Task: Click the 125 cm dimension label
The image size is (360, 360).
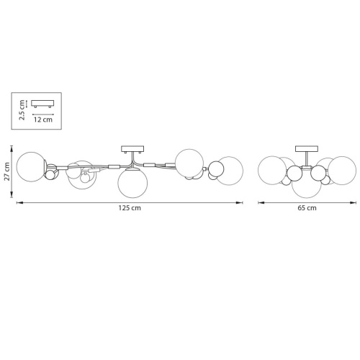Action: click(130, 208)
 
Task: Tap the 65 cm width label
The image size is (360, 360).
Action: click(307, 208)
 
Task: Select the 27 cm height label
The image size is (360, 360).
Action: click(6, 171)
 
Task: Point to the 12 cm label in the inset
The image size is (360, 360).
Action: click(43, 120)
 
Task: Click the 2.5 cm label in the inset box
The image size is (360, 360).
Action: click(22, 110)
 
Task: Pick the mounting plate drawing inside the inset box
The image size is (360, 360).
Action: click(42, 104)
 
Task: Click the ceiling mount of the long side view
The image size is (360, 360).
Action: click(132, 149)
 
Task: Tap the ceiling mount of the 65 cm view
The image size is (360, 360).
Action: click(307, 149)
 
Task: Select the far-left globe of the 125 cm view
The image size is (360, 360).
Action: click(31, 166)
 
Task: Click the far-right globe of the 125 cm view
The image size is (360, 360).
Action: click(230, 171)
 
